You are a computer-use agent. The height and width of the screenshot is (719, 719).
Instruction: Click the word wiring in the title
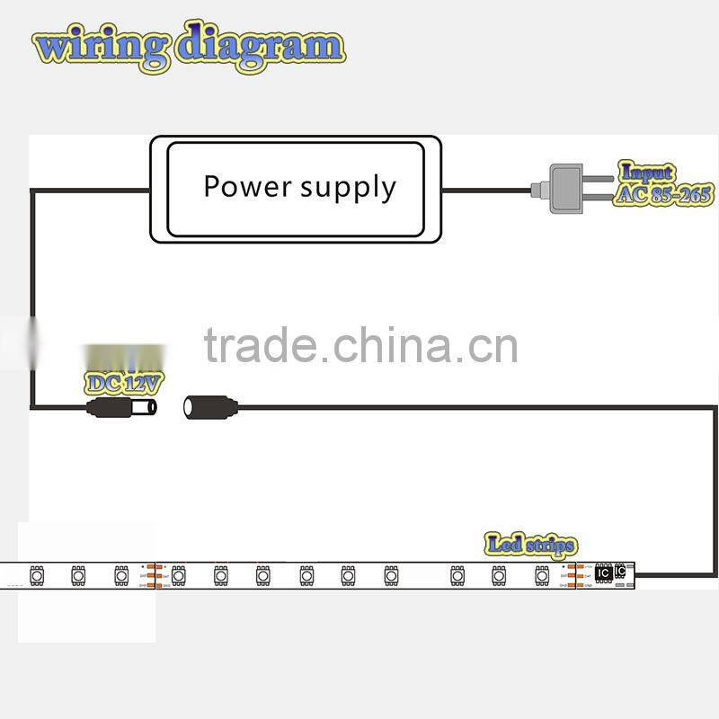[x=100, y=46]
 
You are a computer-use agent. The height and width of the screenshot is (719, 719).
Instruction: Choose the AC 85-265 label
[x=663, y=194]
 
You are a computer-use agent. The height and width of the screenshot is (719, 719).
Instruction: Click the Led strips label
[x=530, y=544]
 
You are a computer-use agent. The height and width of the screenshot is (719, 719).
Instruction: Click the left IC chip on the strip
[x=603, y=573]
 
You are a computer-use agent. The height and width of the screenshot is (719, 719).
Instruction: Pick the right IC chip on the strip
[x=619, y=571]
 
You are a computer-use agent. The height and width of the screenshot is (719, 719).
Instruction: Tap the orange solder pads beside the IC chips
[x=580, y=575]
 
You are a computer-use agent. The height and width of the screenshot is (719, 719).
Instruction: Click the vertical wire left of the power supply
[x=32, y=297]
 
